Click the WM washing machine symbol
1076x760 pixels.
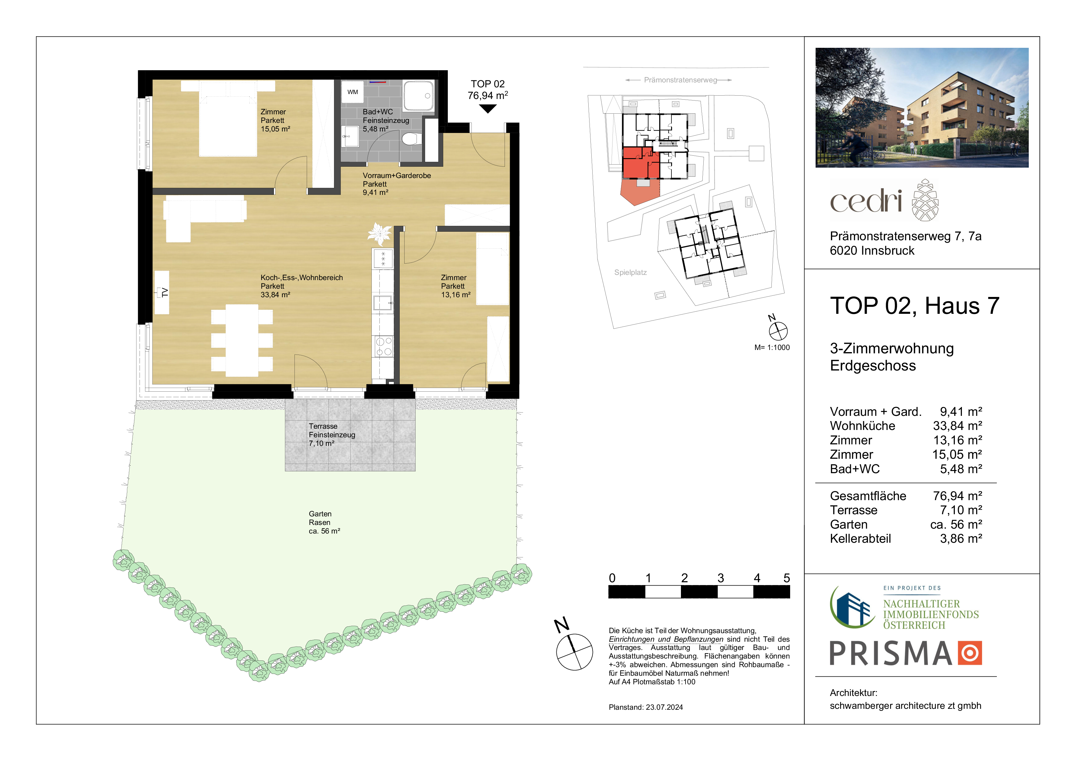pyautogui.click(x=352, y=92)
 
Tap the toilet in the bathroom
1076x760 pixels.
pyautogui.click(x=411, y=139)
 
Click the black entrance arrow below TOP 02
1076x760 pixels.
pyautogui.click(x=488, y=109)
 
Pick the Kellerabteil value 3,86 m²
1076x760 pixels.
pyautogui.click(x=961, y=538)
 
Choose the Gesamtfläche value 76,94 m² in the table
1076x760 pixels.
pyautogui.click(x=957, y=496)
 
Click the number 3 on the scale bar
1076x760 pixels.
pyautogui.click(x=721, y=578)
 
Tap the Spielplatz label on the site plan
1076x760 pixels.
pyautogui.click(x=630, y=272)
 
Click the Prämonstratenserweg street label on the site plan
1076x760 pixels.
pyautogui.click(x=680, y=80)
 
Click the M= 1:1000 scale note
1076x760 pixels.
pyautogui.click(x=772, y=348)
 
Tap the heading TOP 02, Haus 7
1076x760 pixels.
pyautogui.click(x=915, y=306)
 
